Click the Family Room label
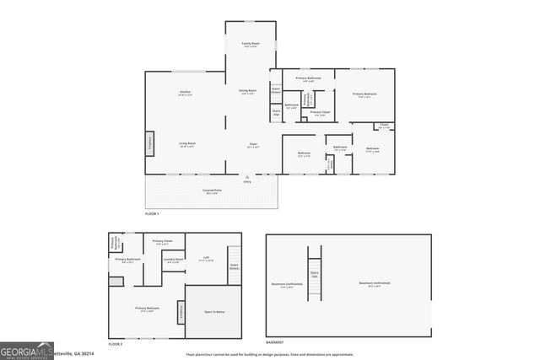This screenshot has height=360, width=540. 251,43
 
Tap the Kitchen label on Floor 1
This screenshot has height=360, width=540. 185,92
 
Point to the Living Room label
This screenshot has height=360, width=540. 187,144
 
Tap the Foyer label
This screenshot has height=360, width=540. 252,144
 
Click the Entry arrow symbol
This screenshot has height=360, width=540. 247,176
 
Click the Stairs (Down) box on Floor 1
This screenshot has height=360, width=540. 275,90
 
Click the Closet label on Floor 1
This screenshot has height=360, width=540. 383,126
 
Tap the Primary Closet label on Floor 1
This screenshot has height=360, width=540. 321,112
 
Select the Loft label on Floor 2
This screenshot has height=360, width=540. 206,258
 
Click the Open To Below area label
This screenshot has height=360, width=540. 214,311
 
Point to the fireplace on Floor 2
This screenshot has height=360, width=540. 181,312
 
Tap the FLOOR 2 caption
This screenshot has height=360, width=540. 116,344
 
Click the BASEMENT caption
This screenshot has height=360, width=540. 274,342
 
